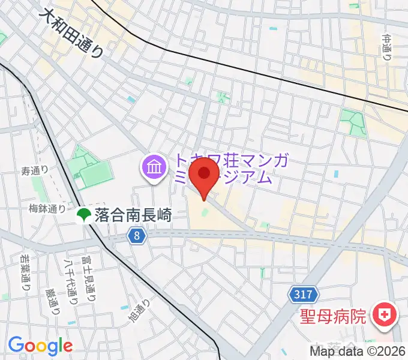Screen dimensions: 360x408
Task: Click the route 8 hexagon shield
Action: coord(137,236)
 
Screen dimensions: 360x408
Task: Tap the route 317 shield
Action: coord(303,294)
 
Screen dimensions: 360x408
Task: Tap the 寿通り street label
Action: coord(34,171)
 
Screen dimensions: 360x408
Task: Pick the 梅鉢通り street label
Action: coord(46,209)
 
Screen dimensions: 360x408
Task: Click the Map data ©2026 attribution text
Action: coord(358,352)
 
